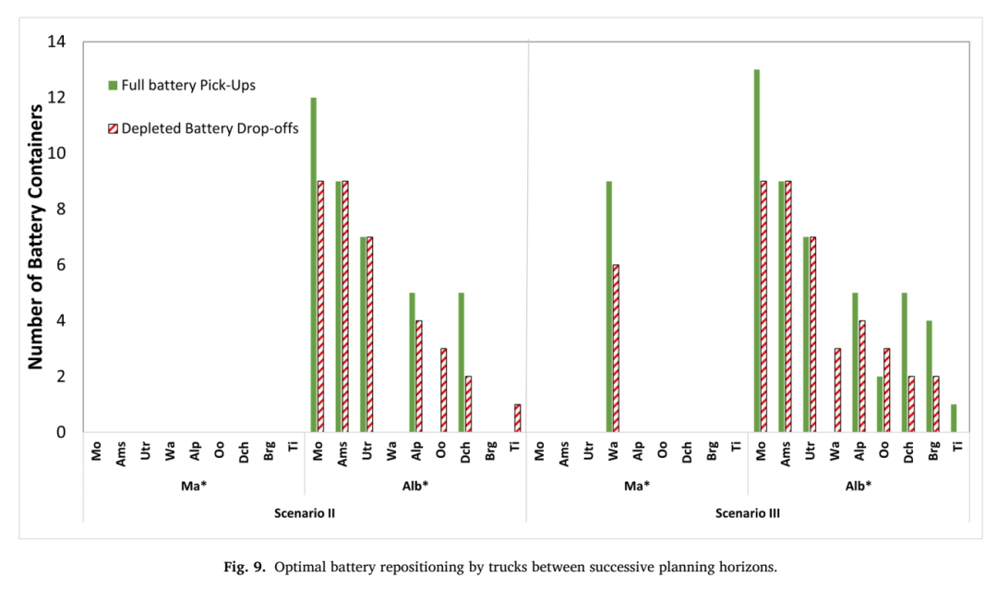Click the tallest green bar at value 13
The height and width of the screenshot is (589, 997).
click(x=757, y=250)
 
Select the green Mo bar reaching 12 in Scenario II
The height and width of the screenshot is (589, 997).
click(x=314, y=265)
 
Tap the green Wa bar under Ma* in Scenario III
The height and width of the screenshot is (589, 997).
click(x=609, y=307)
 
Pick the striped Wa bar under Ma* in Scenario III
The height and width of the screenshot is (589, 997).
click(x=616, y=349)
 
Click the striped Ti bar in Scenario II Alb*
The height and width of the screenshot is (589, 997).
click(x=518, y=418)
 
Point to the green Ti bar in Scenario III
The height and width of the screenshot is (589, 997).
click(x=954, y=418)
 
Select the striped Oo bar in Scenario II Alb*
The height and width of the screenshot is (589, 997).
click(x=444, y=390)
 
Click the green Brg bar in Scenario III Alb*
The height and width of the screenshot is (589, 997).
click(x=929, y=376)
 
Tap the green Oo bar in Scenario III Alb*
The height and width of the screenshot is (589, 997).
click(x=880, y=404)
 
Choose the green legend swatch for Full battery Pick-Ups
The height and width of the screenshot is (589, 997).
click(x=113, y=85)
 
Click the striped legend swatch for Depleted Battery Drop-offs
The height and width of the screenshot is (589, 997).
click(x=113, y=128)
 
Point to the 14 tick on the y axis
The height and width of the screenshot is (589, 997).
click(x=56, y=42)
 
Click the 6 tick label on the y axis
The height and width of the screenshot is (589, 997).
click(x=61, y=265)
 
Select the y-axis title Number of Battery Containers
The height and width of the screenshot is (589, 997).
click(x=36, y=236)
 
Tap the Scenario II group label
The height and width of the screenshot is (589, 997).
click(x=305, y=513)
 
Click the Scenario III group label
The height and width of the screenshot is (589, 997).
click(x=748, y=513)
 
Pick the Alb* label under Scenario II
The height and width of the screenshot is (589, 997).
click(x=415, y=486)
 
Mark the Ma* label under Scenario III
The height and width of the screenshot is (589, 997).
click(x=637, y=486)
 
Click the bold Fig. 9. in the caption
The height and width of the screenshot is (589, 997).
click(x=245, y=567)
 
